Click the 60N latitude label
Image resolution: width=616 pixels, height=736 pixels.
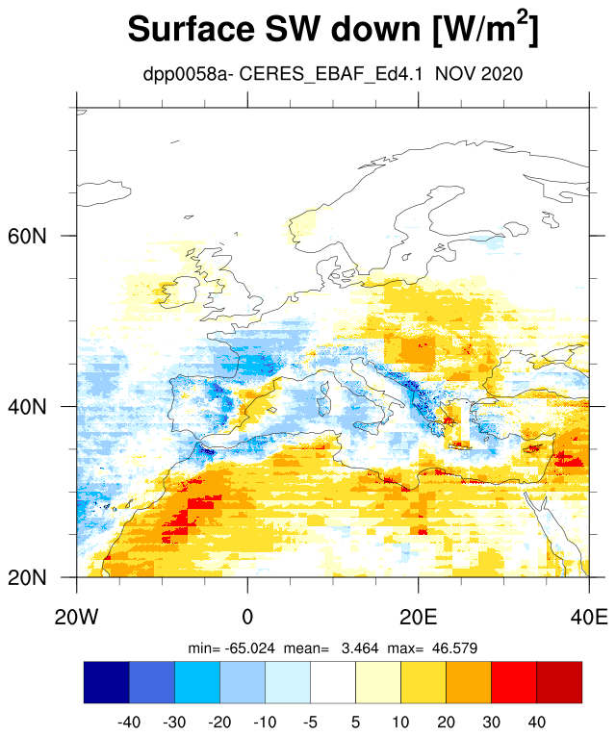[27, 236]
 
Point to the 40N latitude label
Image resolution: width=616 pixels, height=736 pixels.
[27, 407]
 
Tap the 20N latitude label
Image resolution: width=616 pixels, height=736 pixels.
[27, 577]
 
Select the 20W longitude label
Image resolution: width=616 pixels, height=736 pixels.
[77, 617]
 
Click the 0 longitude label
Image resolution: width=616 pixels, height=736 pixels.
[247, 617]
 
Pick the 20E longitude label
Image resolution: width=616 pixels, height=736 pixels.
[419, 617]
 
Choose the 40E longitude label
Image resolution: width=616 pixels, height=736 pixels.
[589, 617]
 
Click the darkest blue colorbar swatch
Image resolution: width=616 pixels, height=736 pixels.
[107, 682]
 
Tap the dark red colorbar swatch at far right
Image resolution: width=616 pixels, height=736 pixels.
[559, 682]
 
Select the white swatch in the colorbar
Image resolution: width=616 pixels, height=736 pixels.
[333, 682]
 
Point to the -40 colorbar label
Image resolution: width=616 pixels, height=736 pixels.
[129, 722]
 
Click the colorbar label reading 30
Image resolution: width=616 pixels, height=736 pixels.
[491, 722]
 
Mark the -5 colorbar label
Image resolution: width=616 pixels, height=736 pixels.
[310, 722]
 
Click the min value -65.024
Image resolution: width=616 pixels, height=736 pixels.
[250, 648]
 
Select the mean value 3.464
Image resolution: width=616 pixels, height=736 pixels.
[360, 648]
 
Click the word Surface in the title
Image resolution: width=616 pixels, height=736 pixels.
[192, 29]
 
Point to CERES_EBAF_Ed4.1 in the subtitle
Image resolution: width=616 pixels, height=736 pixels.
[331, 74]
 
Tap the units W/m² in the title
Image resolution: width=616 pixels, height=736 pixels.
[486, 28]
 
